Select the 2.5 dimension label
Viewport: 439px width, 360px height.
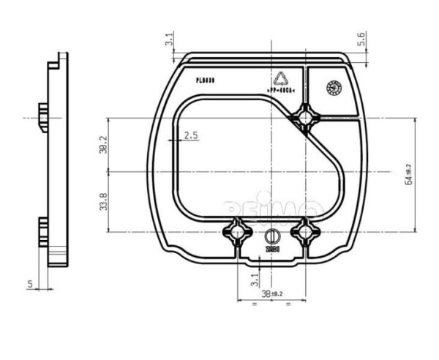[x=192, y=135]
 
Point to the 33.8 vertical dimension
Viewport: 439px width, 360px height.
[x=103, y=202]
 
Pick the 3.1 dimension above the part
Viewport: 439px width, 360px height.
[x=170, y=40]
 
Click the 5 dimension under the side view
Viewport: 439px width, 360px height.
[x=30, y=282]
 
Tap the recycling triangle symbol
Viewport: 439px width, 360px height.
[x=281, y=79]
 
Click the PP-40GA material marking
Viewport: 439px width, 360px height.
[x=281, y=91]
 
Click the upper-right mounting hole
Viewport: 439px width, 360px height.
[x=305, y=116]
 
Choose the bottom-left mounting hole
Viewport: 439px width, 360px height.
[x=238, y=232]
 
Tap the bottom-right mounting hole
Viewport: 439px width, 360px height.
[x=305, y=232]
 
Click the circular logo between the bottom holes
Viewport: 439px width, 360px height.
[x=271, y=236]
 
